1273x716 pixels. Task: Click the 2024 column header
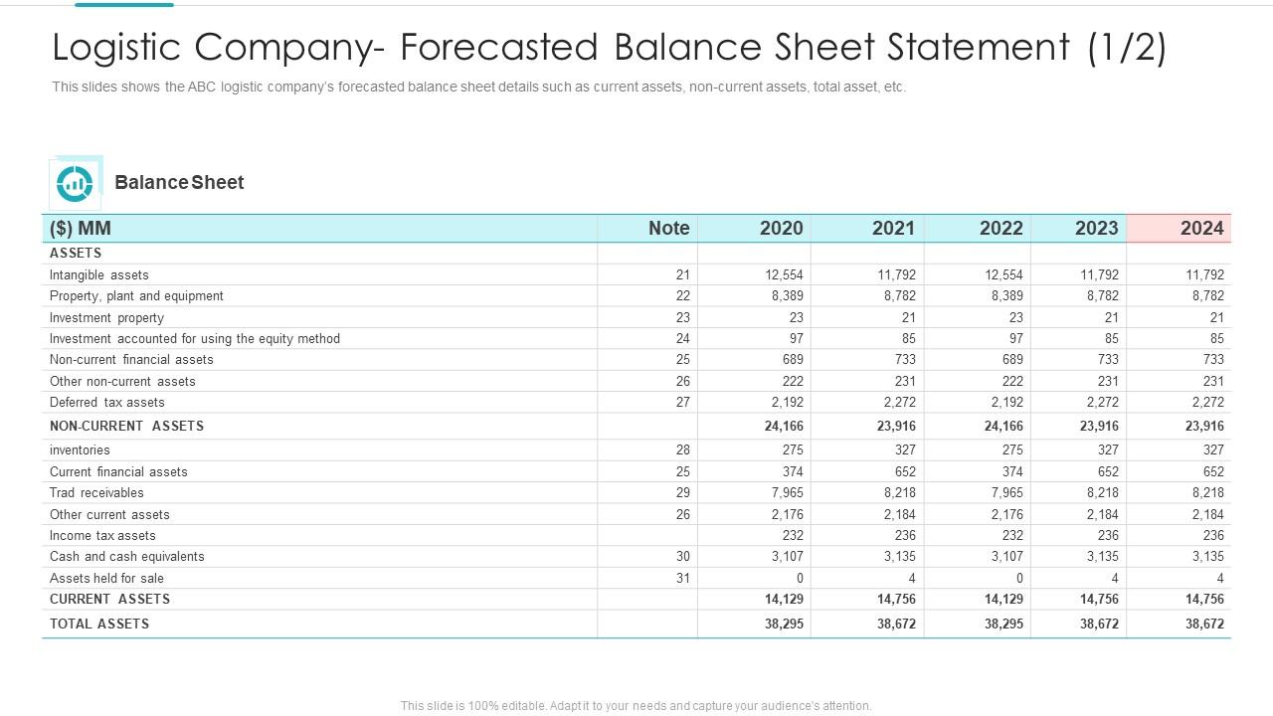[x=1201, y=228]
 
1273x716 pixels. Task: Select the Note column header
[x=668, y=228]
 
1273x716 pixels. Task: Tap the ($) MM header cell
[x=81, y=228]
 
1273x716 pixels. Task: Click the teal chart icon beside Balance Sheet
[x=75, y=183]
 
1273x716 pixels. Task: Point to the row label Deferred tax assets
[x=107, y=403]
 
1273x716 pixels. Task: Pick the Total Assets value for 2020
[x=785, y=625]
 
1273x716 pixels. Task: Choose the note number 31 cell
[x=682, y=579]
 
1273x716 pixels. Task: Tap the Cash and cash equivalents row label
[x=127, y=557]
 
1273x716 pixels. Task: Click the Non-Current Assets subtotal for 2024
[x=1204, y=426]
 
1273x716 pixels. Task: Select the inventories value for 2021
[x=904, y=450]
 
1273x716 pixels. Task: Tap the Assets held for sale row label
[x=107, y=579]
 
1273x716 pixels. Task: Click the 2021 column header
[x=893, y=228]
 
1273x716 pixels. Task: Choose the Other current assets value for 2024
[x=1207, y=515]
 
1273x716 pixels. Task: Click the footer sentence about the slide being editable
[x=636, y=706]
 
